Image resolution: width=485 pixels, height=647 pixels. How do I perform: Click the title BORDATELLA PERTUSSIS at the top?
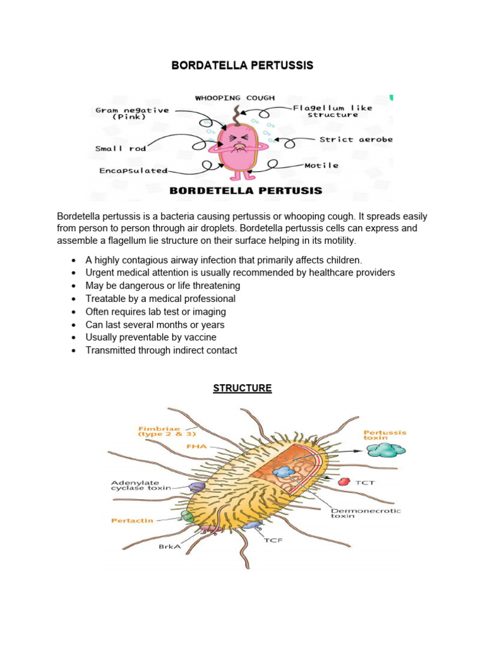click(242, 66)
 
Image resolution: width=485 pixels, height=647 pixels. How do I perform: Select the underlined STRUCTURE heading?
click(242, 388)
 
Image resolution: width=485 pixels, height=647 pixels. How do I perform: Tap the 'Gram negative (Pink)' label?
click(132, 113)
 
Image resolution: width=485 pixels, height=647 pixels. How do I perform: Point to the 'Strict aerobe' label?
click(356, 140)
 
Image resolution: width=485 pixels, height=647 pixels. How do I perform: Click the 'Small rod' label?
click(121, 148)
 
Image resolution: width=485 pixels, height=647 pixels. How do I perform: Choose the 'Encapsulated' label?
click(133, 171)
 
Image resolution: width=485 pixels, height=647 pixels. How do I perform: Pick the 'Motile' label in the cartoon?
click(322, 166)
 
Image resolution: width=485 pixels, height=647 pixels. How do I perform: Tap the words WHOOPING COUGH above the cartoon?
click(234, 98)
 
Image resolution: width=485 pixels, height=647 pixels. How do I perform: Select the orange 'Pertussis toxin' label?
click(385, 435)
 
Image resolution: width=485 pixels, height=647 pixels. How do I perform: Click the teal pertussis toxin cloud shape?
click(386, 450)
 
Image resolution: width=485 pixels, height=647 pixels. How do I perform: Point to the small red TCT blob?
click(344, 481)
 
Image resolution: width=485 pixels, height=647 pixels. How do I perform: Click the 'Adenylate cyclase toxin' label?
click(141, 485)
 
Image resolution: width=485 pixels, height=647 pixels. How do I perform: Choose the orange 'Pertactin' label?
click(132, 521)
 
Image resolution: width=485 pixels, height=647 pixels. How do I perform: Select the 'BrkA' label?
click(169, 547)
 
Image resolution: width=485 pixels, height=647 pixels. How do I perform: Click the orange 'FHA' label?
click(196, 446)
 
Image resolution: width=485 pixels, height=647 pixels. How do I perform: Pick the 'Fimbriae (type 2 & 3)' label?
click(159, 432)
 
